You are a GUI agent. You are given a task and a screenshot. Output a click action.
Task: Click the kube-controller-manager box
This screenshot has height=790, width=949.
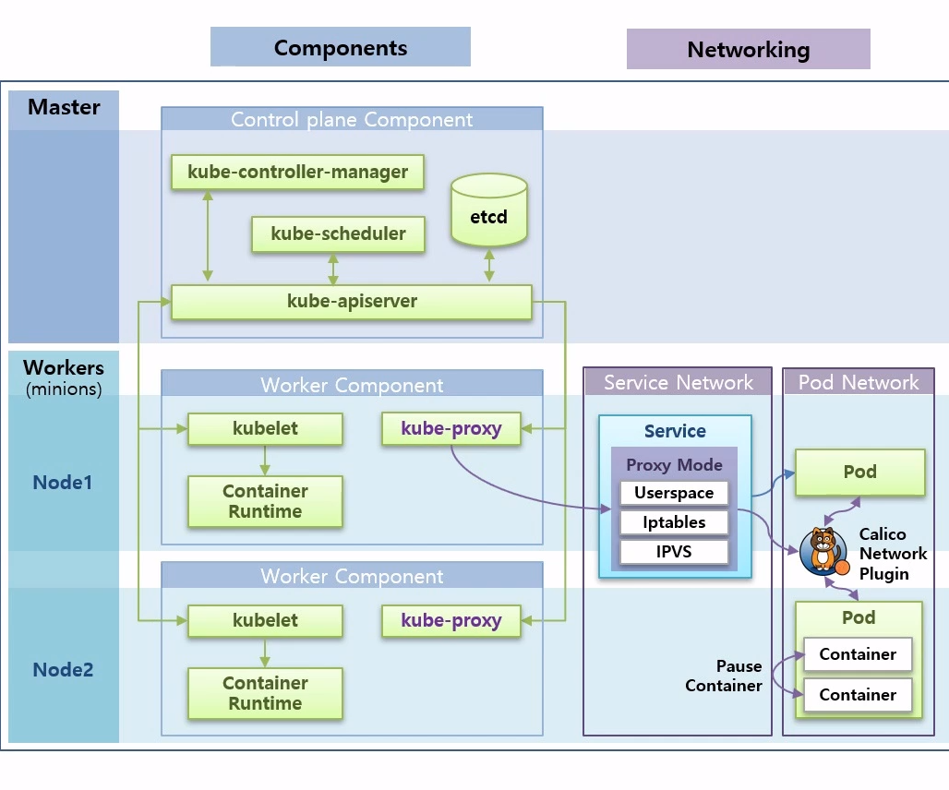297,172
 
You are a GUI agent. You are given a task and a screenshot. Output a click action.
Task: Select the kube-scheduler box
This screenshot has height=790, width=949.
338,233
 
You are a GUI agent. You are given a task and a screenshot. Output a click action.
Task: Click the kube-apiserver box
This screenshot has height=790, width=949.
352,302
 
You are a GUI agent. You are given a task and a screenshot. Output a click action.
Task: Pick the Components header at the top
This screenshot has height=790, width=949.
340,47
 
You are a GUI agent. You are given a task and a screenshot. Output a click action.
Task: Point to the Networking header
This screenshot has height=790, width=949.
748,50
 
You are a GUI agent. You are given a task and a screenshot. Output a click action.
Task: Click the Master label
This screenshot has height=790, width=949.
64,107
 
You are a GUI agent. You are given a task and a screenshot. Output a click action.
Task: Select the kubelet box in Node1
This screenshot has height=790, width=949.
265,428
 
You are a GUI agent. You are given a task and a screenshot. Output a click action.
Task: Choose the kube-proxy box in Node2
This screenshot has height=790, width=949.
450,620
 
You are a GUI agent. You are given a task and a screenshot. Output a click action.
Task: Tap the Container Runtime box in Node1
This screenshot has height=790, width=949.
265,501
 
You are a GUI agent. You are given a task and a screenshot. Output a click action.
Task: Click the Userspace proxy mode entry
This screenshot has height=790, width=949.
674,493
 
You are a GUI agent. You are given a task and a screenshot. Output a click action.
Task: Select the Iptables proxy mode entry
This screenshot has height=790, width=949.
674,522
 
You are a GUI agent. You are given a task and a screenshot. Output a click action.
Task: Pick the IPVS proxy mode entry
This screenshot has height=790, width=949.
674,552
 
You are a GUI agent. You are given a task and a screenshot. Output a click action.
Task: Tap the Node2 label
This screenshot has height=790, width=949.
63,670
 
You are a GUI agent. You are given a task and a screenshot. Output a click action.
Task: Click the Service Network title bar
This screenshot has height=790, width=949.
678,382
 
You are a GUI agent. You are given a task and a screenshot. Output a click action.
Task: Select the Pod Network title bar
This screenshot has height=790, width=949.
859,382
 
